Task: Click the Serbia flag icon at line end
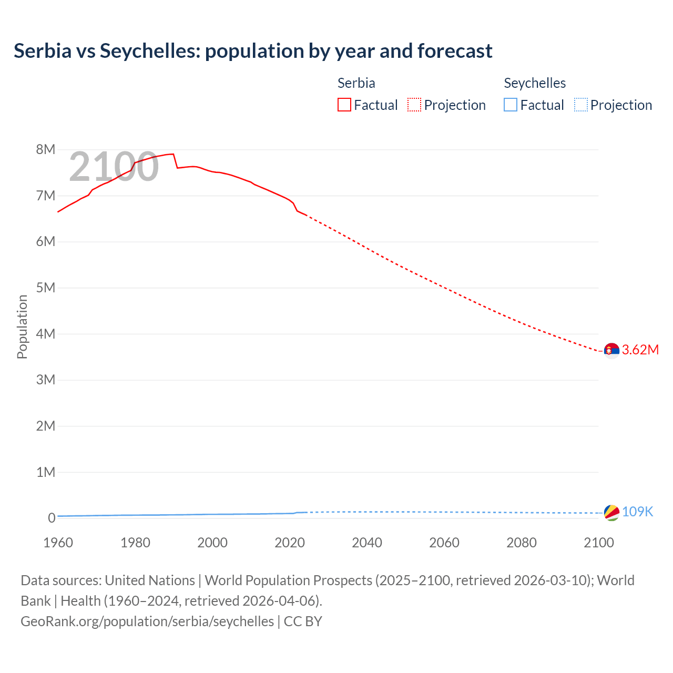[x=611, y=350]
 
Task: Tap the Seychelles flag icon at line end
[x=611, y=512]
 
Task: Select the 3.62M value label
[x=640, y=350]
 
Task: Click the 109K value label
[x=637, y=512]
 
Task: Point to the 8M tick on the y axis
[x=46, y=150]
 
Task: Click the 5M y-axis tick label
[x=46, y=288]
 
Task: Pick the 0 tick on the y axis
[x=52, y=518]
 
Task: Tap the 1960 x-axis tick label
[x=58, y=543]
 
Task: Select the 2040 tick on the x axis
[x=367, y=543]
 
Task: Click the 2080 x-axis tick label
[x=522, y=543]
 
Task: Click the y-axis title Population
[x=22, y=327]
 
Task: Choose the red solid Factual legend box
[x=344, y=105]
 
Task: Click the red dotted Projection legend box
[x=414, y=105]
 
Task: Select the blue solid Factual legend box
[x=511, y=105]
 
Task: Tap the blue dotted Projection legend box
[x=581, y=105]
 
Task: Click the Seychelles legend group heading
[x=535, y=83]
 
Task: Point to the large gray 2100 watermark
[x=114, y=167]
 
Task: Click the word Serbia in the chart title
[x=43, y=51]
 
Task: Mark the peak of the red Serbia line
[x=172, y=154]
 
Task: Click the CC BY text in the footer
[x=303, y=621]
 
